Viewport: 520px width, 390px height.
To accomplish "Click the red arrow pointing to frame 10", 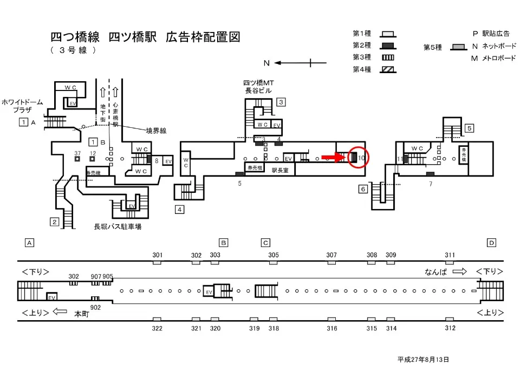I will coord(331,158).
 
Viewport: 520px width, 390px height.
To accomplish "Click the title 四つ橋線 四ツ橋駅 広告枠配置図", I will coord(145,37).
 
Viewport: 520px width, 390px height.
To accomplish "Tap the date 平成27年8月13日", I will coord(423,359).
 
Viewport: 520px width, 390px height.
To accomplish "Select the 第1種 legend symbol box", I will coord(388,34).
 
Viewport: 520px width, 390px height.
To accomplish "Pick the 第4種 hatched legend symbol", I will coord(388,69).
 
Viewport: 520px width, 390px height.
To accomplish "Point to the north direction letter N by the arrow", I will coord(266,63).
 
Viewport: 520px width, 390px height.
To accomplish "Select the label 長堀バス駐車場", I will coord(118,226).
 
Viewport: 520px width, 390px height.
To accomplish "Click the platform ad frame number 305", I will coord(274,255).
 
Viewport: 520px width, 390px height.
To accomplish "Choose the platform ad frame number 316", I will coord(332,328).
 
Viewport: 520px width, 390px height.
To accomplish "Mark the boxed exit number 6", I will coord(363,189).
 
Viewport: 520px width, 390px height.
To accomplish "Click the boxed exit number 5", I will coord(470,128).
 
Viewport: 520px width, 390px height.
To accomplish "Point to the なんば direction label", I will coord(436,272).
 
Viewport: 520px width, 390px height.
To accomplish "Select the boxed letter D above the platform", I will coord(491,243).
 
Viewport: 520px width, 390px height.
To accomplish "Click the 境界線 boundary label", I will coord(156,131).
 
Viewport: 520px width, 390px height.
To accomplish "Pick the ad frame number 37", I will coord(77,153).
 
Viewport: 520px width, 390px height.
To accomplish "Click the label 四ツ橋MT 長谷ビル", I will coord(259,87).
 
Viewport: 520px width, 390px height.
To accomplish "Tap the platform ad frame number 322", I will coord(157,328).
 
